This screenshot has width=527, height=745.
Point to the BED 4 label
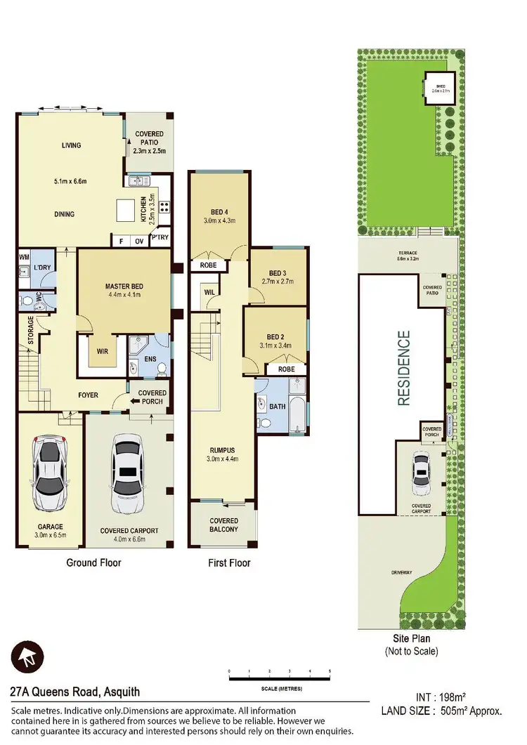219,211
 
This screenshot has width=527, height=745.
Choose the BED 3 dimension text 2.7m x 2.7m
278,282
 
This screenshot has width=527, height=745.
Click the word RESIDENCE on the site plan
403,368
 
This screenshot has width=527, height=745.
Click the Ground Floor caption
93,562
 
